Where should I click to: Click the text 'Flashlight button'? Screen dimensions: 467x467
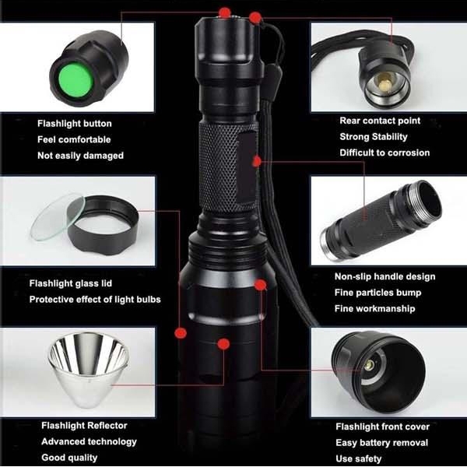click(x=75, y=124)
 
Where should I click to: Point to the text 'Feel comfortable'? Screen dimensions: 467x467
click(x=74, y=140)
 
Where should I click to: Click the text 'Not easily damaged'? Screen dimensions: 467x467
click(x=80, y=156)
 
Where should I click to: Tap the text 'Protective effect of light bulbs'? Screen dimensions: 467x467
click(x=95, y=300)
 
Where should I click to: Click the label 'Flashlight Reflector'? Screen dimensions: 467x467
click(x=84, y=426)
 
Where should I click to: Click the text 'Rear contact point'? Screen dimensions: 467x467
click(x=380, y=121)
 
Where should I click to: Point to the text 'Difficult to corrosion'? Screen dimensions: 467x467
click(x=384, y=153)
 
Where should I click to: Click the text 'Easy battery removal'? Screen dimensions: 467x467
click(x=382, y=443)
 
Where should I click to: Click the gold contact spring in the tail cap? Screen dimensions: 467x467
click(x=385, y=79)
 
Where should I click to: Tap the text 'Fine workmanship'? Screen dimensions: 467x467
click(x=375, y=309)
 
